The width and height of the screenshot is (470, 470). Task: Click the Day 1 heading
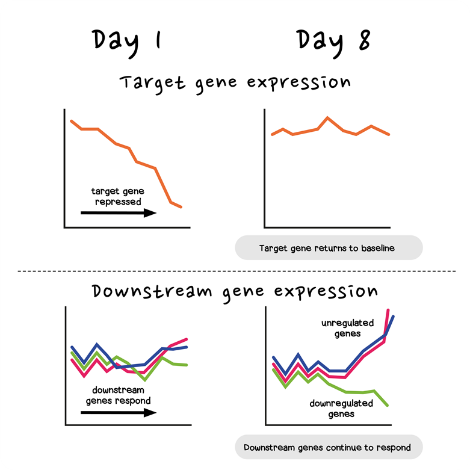point(127,41)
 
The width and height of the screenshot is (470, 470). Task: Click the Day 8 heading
point(333,41)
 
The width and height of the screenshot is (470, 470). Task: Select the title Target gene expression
point(235,82)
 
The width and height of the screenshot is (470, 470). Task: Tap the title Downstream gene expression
point(235,292)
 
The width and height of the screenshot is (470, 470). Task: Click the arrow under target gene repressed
point(118,212)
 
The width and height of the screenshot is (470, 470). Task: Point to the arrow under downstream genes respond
point(118,412)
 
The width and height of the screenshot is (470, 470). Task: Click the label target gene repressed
point(118,196)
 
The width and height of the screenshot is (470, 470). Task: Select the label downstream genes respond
point(118,395)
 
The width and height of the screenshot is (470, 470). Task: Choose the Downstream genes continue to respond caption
point(327,448)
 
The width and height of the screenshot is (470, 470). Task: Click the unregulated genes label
point(347,328)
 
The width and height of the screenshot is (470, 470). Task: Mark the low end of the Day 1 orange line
point(181,207)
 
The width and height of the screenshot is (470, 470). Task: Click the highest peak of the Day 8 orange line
point(327,117)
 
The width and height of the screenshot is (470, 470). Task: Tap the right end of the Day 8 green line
point(388,405)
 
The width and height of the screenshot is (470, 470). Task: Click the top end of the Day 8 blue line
point(393,316)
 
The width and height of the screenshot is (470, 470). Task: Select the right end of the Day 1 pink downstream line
point(187,339)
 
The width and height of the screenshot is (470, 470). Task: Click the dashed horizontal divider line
point(235,271)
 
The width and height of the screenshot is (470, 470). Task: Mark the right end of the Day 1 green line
point(187,365)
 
